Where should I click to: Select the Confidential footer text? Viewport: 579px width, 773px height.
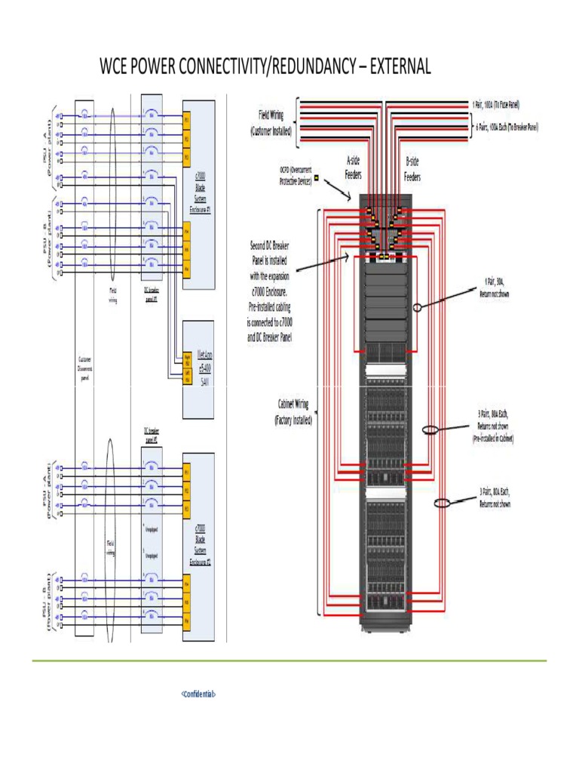[198, 693]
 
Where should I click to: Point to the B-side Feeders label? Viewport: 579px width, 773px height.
[412, 168]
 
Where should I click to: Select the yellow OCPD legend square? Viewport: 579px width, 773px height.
[317, 179]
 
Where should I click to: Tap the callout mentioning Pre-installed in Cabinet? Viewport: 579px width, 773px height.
[493, 427]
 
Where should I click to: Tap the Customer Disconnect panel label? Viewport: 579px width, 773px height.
[84, 369]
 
